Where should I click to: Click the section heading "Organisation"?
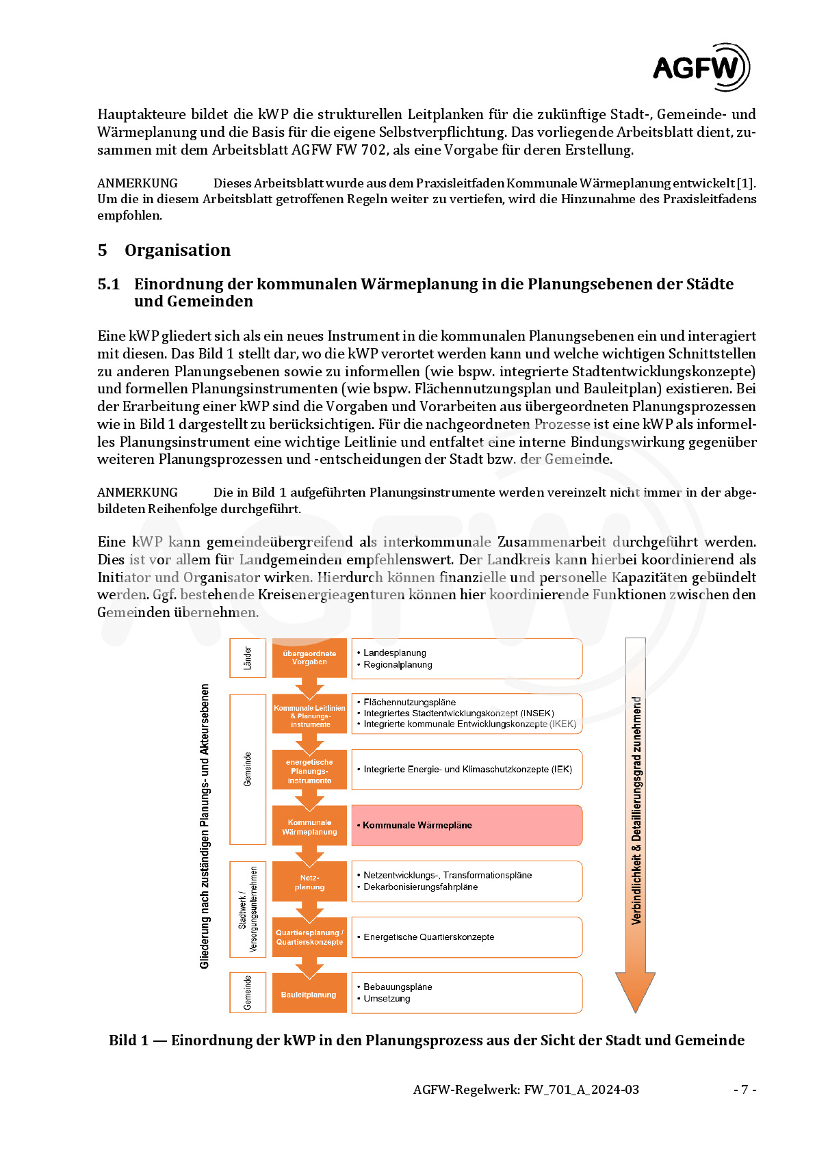(177, 250)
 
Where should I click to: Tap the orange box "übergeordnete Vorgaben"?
(309, 658)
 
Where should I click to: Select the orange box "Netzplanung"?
(309, 882)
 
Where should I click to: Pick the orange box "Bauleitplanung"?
(309, 995)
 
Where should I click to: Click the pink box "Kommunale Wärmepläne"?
(466, 826)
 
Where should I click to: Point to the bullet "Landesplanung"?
(395, 653)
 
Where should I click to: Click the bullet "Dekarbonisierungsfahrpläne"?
(420, 887)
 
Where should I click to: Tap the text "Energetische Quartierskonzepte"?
(428, 937)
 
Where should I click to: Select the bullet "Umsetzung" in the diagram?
(387, 999)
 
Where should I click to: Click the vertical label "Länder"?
(248, 658)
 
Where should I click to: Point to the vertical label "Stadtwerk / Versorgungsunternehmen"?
(248, 909)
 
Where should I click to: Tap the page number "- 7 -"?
(745, 1090)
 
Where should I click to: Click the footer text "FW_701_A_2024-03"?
(581, 1090)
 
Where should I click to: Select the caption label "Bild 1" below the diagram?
(129, 1040)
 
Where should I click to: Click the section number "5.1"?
(108, 285)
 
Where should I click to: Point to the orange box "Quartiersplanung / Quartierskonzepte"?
(309, 938)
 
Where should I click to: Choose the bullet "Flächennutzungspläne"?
(409, 703)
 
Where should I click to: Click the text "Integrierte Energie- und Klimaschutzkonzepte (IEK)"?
(467, 770)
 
